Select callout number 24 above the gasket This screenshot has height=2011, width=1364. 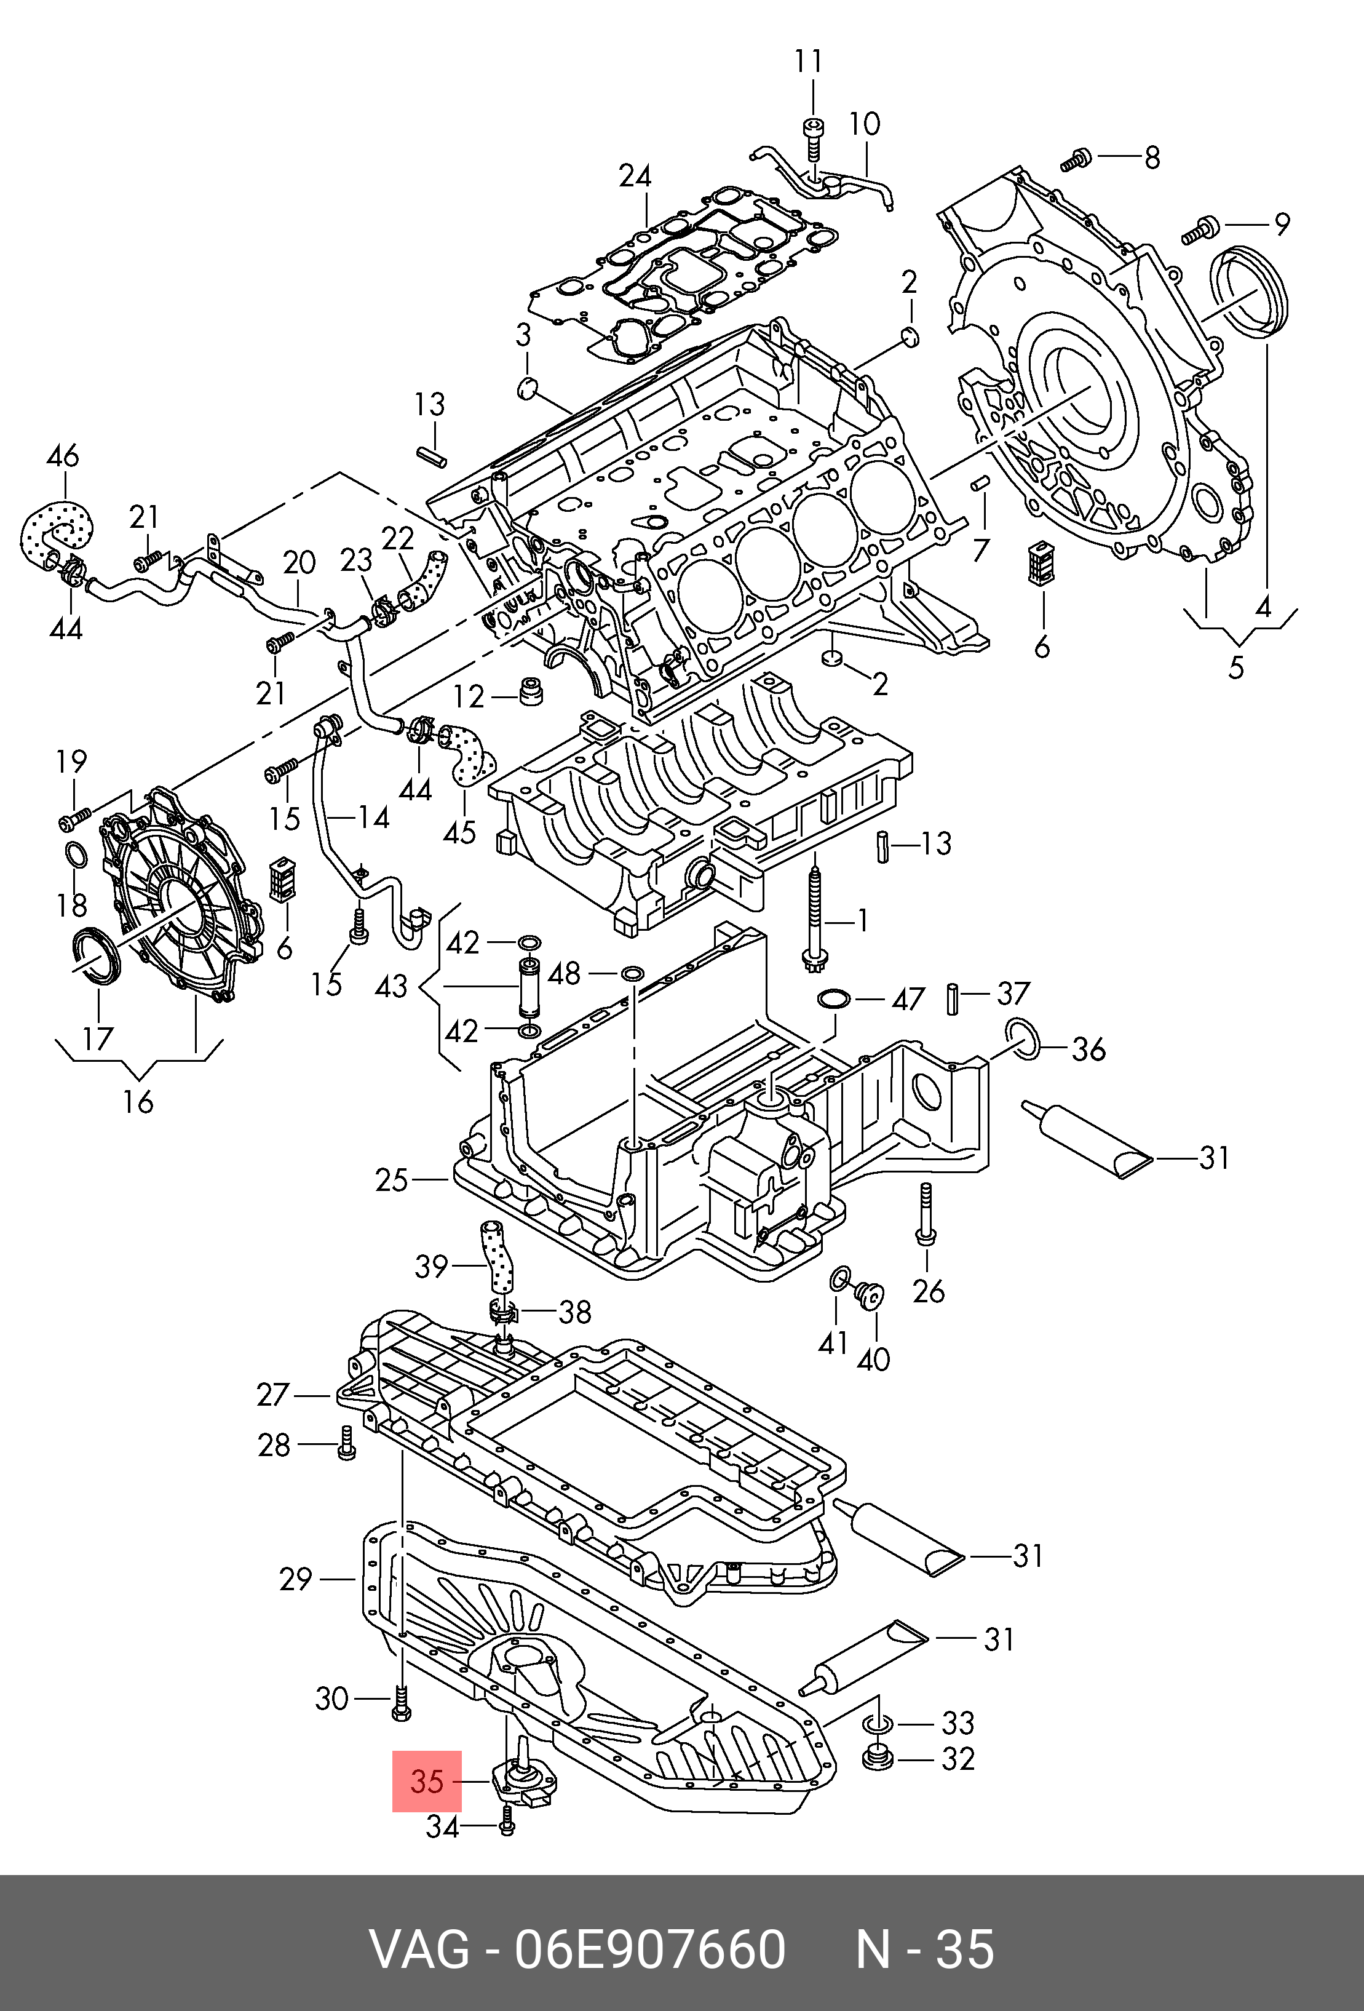634,177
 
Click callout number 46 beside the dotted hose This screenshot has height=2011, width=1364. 62,455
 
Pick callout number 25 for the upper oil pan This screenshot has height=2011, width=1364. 391,1181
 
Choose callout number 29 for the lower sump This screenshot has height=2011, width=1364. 295,1579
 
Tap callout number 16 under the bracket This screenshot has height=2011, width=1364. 138,1102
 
